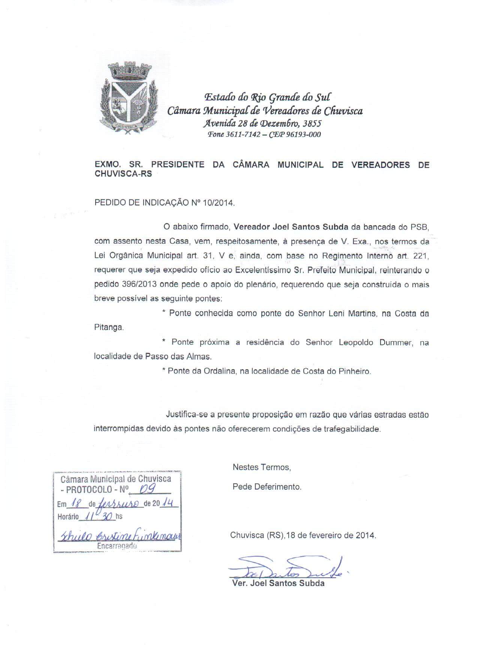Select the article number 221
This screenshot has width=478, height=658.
(421, 256)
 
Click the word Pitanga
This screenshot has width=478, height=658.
(108, 327)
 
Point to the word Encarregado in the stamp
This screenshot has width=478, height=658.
(117, 546)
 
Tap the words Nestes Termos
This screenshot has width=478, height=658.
(262, 467)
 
